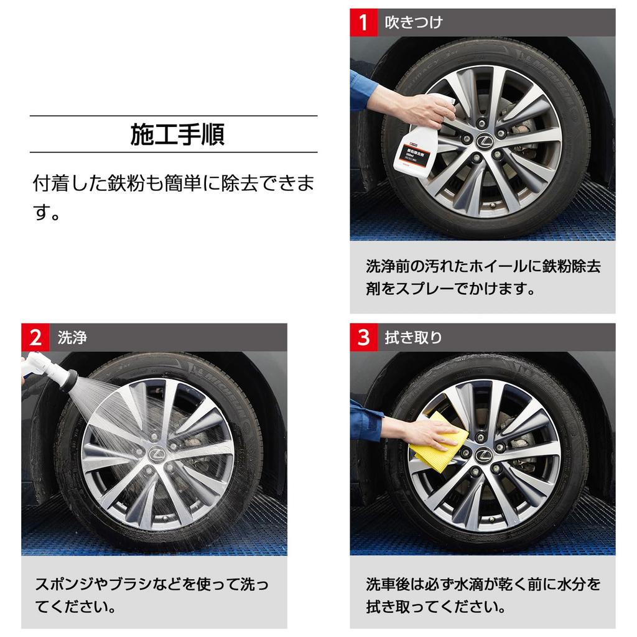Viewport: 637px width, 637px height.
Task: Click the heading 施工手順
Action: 177,134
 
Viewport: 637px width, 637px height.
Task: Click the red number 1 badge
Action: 363,22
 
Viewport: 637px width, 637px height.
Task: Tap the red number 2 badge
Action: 35,337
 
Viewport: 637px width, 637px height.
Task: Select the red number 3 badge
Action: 363,337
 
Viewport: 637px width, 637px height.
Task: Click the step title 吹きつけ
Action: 414,22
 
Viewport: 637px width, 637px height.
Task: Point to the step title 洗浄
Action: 72,337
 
